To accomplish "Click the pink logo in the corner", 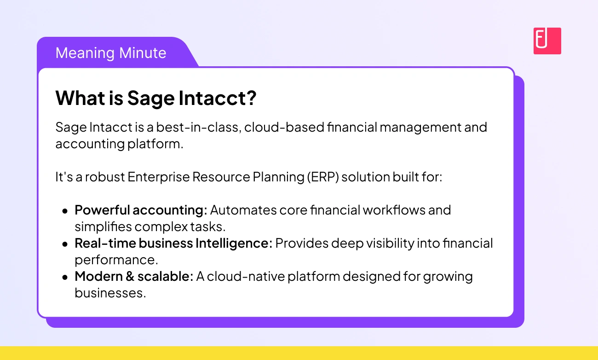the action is click(547, 41).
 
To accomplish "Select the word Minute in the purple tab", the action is click(143, 52).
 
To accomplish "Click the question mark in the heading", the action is click(251, 98).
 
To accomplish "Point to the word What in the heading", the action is click(80, 98).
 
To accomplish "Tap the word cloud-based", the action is click(284, 127).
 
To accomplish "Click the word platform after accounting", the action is click(155, 144).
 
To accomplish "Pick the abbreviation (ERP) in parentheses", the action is click(323, 177).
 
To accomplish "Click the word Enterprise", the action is click(159, 177).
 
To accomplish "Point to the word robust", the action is click(105, 177).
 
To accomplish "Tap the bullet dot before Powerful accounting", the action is click(64, 211).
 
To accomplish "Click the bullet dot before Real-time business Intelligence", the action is click(64, 244).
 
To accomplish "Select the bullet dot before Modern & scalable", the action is click(64, 278).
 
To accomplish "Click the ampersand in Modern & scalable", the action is click(130, 276).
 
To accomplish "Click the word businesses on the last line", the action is click(110, 293).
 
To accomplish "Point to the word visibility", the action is click(390, 244).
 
